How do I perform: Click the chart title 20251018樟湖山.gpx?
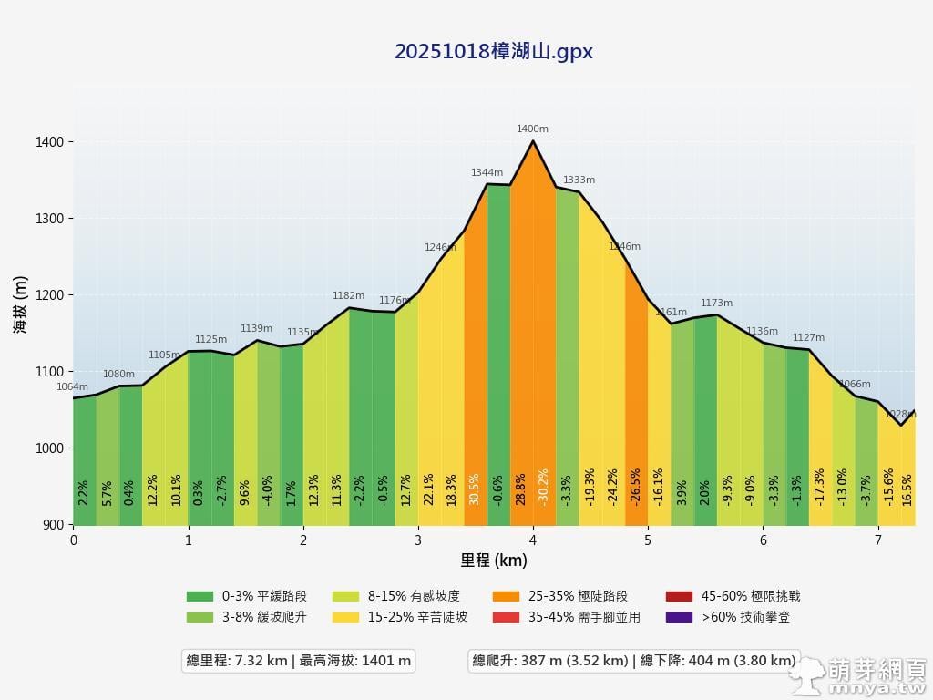[493, 52]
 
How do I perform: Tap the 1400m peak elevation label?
[532, 129]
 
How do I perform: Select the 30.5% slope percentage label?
[474, 489]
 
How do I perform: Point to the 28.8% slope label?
[520, 489]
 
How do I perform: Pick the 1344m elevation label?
[487, 172]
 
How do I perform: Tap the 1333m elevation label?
[579, 180]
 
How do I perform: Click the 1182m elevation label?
[348, 296]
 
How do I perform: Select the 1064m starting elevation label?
[73, 387]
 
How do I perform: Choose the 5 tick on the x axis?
[648, 540]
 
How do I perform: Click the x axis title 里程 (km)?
[493, 560]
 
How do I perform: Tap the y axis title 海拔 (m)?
[20, 304]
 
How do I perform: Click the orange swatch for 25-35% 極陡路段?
[506, 596]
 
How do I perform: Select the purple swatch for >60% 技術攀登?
[679, 617]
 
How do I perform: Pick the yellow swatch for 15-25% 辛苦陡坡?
[345, 617]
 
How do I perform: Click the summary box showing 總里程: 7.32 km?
[299, 661]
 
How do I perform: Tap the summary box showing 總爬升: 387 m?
[634, 661]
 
